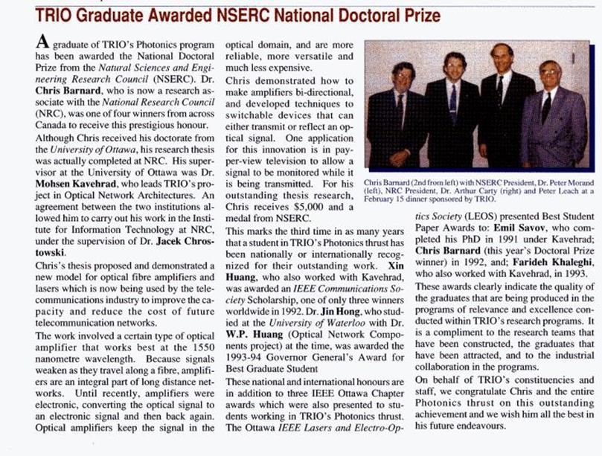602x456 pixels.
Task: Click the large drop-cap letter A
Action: [x=43, y=44]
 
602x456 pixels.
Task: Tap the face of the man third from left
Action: [x=502, y=59]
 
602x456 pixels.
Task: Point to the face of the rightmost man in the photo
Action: [x=549, y=74]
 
